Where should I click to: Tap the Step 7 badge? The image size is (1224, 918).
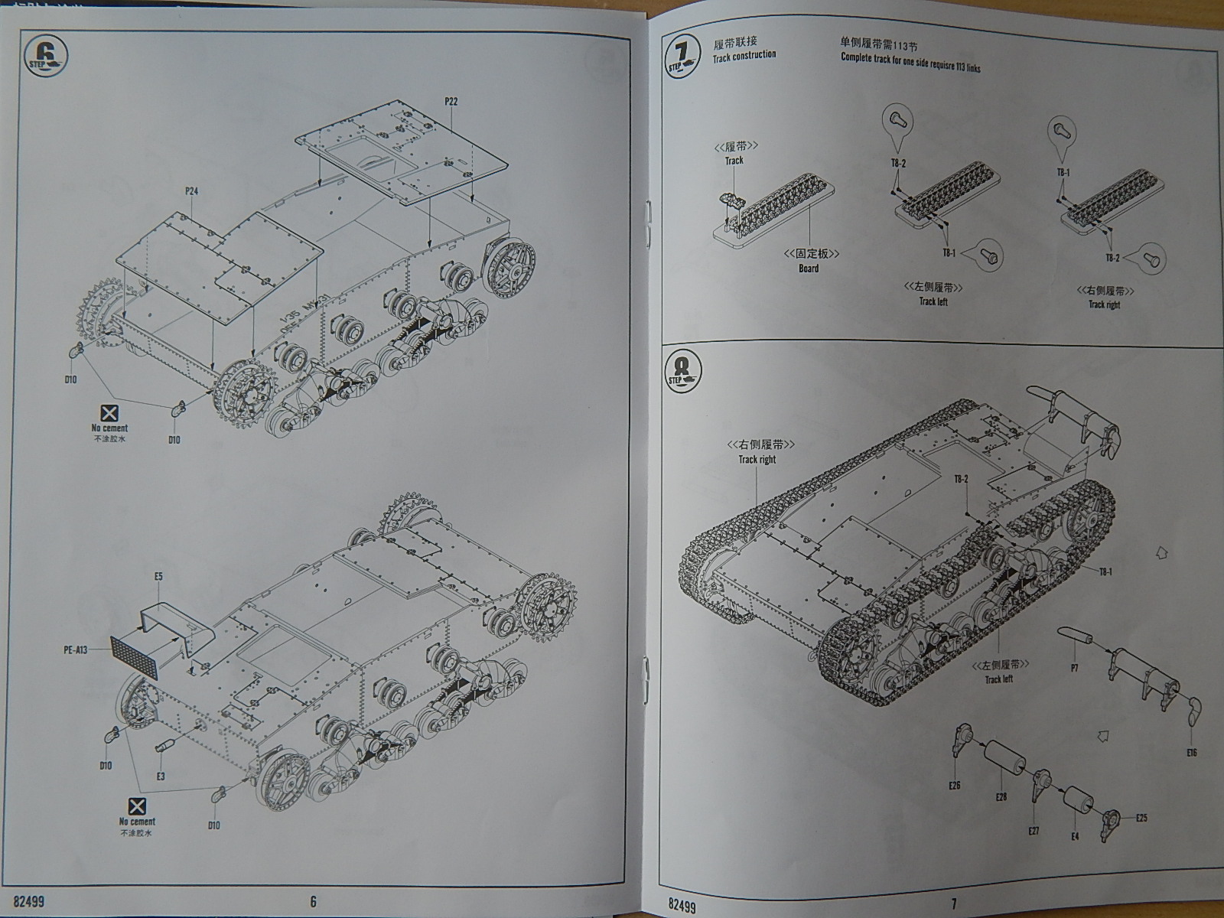click(x=683, y=56)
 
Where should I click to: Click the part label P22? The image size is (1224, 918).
click(x=450, y=101)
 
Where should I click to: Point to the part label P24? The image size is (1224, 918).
click(x=190, y=191)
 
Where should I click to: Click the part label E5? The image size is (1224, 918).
click(x=158, y=576)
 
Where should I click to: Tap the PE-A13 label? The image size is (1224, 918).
click(x=76, y=650)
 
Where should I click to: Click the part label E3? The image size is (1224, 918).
click(x=161, y=776)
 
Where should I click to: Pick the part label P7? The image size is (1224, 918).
click(x=1075, y=668)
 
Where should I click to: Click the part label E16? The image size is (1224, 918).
click(x=1191, y=753)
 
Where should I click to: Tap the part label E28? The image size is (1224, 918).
click(x=1001, y=796)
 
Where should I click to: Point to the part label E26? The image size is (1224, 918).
click(x=954, y=785)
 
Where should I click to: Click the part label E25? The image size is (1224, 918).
click(x=1141, y=818)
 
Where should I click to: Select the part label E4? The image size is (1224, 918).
click(x=1075, y=837)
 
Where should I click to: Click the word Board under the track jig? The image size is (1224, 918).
click(x=809, y=269)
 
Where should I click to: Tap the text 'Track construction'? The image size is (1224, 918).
click(x=744, y=56)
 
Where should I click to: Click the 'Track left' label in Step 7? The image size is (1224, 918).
click(x=933, y=301)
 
